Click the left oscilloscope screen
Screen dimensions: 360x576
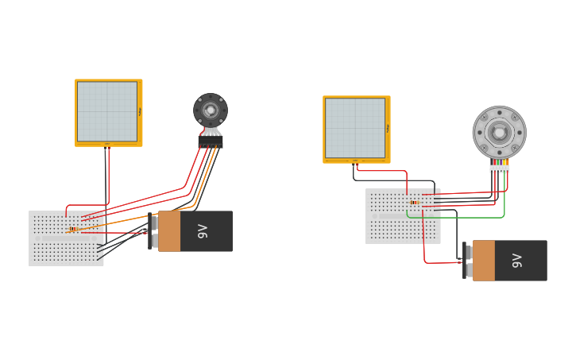click(107, 111)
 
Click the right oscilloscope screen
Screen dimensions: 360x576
click(355, 128)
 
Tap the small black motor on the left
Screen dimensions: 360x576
click(211, 110)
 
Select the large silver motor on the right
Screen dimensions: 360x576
click(499, 133)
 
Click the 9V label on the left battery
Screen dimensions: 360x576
click(203, 231)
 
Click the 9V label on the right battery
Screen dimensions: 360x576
click(517, 261)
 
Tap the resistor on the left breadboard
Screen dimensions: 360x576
click(74, 230)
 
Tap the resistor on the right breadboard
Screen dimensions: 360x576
click(414, 202)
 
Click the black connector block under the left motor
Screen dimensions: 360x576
click(211, 141)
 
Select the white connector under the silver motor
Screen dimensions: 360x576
click(499, 168)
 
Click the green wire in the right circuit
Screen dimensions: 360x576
click(477, 216)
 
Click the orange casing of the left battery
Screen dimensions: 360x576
click(169, 231)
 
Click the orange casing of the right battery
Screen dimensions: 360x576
click(483, 261)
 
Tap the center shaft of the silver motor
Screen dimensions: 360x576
click(499, 133)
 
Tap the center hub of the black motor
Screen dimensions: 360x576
click(211, 110)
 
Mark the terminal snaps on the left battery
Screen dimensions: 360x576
click(153, 231)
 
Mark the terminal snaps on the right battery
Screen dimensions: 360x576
click(468, 261)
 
